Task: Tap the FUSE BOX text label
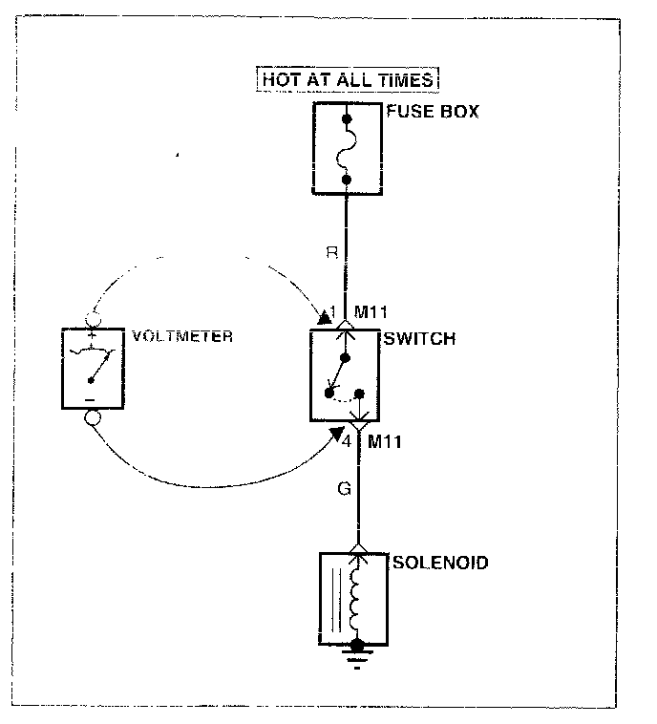[x=433, y=112]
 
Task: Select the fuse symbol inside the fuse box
[x=348, y=149]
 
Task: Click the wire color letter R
[x=330, y=254]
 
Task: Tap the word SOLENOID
[x=440, y=564]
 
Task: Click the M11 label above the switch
[x=370, y=312]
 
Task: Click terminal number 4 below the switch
[x=348, y=441]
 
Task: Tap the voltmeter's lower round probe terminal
[x=94, y=417]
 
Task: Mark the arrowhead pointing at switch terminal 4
[x=336, y=434]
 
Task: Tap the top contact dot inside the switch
[x=347, y=358]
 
